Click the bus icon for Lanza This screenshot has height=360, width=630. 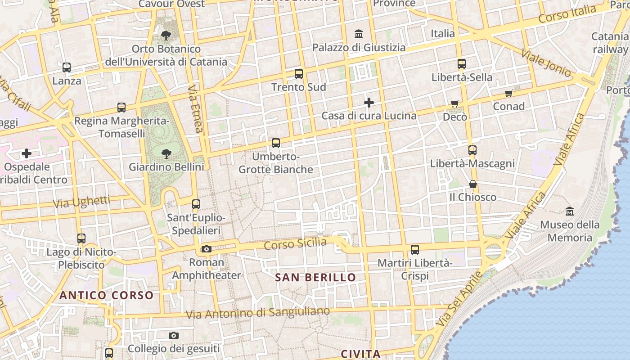pyautogui.click(x=67, y=67)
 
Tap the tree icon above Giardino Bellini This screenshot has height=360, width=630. pyautogui.click(x=166, y=153)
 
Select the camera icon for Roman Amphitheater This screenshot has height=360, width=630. pyautogui.click(x=207, y=249)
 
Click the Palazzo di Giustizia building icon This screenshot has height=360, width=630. pyautogui.click(x=359, y=34)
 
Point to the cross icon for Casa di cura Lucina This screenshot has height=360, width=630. pyautogui.click(x=369, y=103)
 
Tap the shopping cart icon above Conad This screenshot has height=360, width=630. pyautogui.click(x=509, y=93)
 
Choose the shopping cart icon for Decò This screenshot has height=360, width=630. pyautogui.click(x=455, y=104)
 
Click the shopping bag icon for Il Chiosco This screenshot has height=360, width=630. pyautogui.click(x=472, y=184)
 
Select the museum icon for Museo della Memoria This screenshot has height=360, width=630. pyautogui.click(x=570, y=211)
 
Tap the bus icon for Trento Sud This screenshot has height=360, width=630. pyautogui.click(x=298, y=74)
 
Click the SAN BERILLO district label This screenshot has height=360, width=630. pyautogui.click(x=315, y=277)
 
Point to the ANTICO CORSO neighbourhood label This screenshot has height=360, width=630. pyautogui.click(x=107, y=295)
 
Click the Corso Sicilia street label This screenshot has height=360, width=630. pyautogui.click(x=295, y=244)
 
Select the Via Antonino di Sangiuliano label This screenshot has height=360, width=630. pyautogui.click(x=258, y=313)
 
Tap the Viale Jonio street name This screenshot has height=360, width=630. pyautogui.click(x=546, y=63)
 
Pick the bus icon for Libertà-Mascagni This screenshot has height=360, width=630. pyautogui.click(x=472, y=150)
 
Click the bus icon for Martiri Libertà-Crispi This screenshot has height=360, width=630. pyautogui.click(x=415, y=249)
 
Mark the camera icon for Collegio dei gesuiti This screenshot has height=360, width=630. pyautogui.click(x=174, y=335)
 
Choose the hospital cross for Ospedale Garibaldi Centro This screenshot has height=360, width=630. pyautogui.click(x=27, y=153)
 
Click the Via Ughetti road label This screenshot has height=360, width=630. pyautogui.click(x=81, y=202)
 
